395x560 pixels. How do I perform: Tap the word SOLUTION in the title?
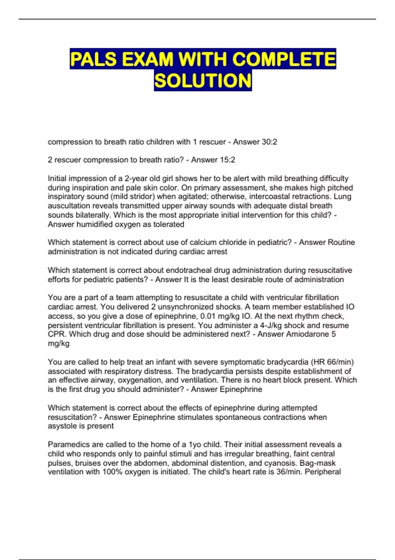pos(203,81)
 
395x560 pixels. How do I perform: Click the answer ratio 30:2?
pos(269,142)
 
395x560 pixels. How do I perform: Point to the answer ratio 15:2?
pos(227,160)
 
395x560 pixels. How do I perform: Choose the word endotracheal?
pos(189,270)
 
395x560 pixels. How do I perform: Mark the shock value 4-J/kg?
pos(268,325)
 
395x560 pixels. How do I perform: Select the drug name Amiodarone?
pos(307,334)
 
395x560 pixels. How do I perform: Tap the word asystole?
pos(63,426)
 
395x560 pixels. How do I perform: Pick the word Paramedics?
pos(68,445)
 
